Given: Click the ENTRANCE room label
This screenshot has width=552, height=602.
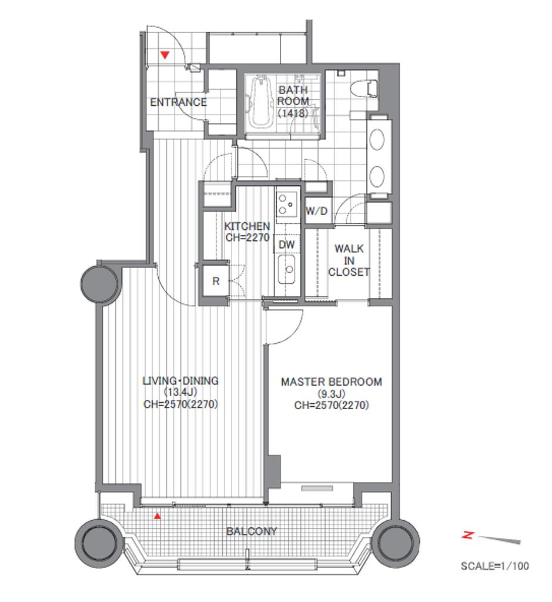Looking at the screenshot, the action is click(x=178, y=102).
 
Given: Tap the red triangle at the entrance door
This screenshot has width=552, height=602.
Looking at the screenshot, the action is click(x=165, y=55).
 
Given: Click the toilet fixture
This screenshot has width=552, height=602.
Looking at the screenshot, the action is click(x=364, y=88).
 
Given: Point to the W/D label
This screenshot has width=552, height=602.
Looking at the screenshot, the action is click(x=317, y=211).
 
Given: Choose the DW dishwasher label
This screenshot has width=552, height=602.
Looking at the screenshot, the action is click(x=286, y=245).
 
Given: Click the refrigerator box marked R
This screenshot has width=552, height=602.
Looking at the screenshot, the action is click(x=216, y=281).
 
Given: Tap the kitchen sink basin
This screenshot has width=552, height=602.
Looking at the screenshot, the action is click(x=287, y=269).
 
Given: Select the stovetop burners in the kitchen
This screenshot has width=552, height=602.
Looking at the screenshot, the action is click(x=287, y=204).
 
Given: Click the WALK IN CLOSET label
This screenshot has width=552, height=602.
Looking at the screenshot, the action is click(x=349, y=260).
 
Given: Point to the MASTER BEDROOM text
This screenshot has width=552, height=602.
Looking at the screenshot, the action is click(x=332, y=382).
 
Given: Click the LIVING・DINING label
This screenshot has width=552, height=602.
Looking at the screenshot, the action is click(x=180, y=381).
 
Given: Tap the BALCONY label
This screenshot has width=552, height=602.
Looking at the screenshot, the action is click(x=252, y=531).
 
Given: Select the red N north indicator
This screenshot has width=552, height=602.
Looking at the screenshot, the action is click(x=467, y=534).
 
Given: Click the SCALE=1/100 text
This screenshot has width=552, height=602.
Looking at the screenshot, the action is click(x=495, y=566).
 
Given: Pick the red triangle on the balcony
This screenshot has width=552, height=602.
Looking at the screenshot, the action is click(x=157, y=516).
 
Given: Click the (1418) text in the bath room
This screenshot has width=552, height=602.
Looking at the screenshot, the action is click(x=293, y=113).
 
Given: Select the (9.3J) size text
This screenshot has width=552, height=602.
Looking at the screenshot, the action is click(x=332, y=393).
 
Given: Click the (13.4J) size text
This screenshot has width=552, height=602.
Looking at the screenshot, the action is click(x=180, y=392).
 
